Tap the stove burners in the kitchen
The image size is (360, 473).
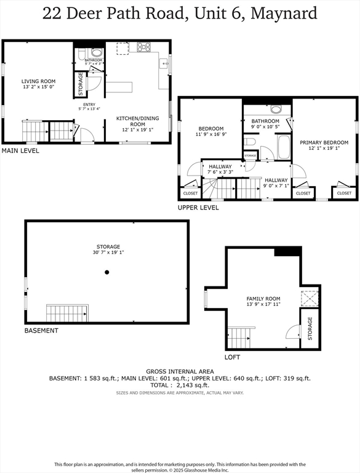pyautogui.click(x=143, y=46)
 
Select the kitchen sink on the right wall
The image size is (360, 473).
pyautogui.click(x=164, y=63)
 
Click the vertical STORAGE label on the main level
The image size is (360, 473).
pyautogui.click(x=80, y=85)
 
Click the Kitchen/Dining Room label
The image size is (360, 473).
pyautogui.click(x=138, y=121)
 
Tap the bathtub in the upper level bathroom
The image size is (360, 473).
pyautogui.click(x=284, y=148)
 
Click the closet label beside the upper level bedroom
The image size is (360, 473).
pyautogui.click(x=190, y=193)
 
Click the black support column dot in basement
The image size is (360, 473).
pyautogui.click(x=107, y=272)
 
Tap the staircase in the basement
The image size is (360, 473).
pyautogui.click(x=67, y=313)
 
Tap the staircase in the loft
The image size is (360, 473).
pyautogui.click(x=241, y=338)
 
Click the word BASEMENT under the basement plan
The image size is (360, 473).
pyautogui.click(x=41, y=331)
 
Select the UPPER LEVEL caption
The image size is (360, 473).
pyautogui.click(x=198, y=208)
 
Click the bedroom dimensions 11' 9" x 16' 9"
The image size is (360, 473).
pyautogui.click(x=210, y=134)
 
